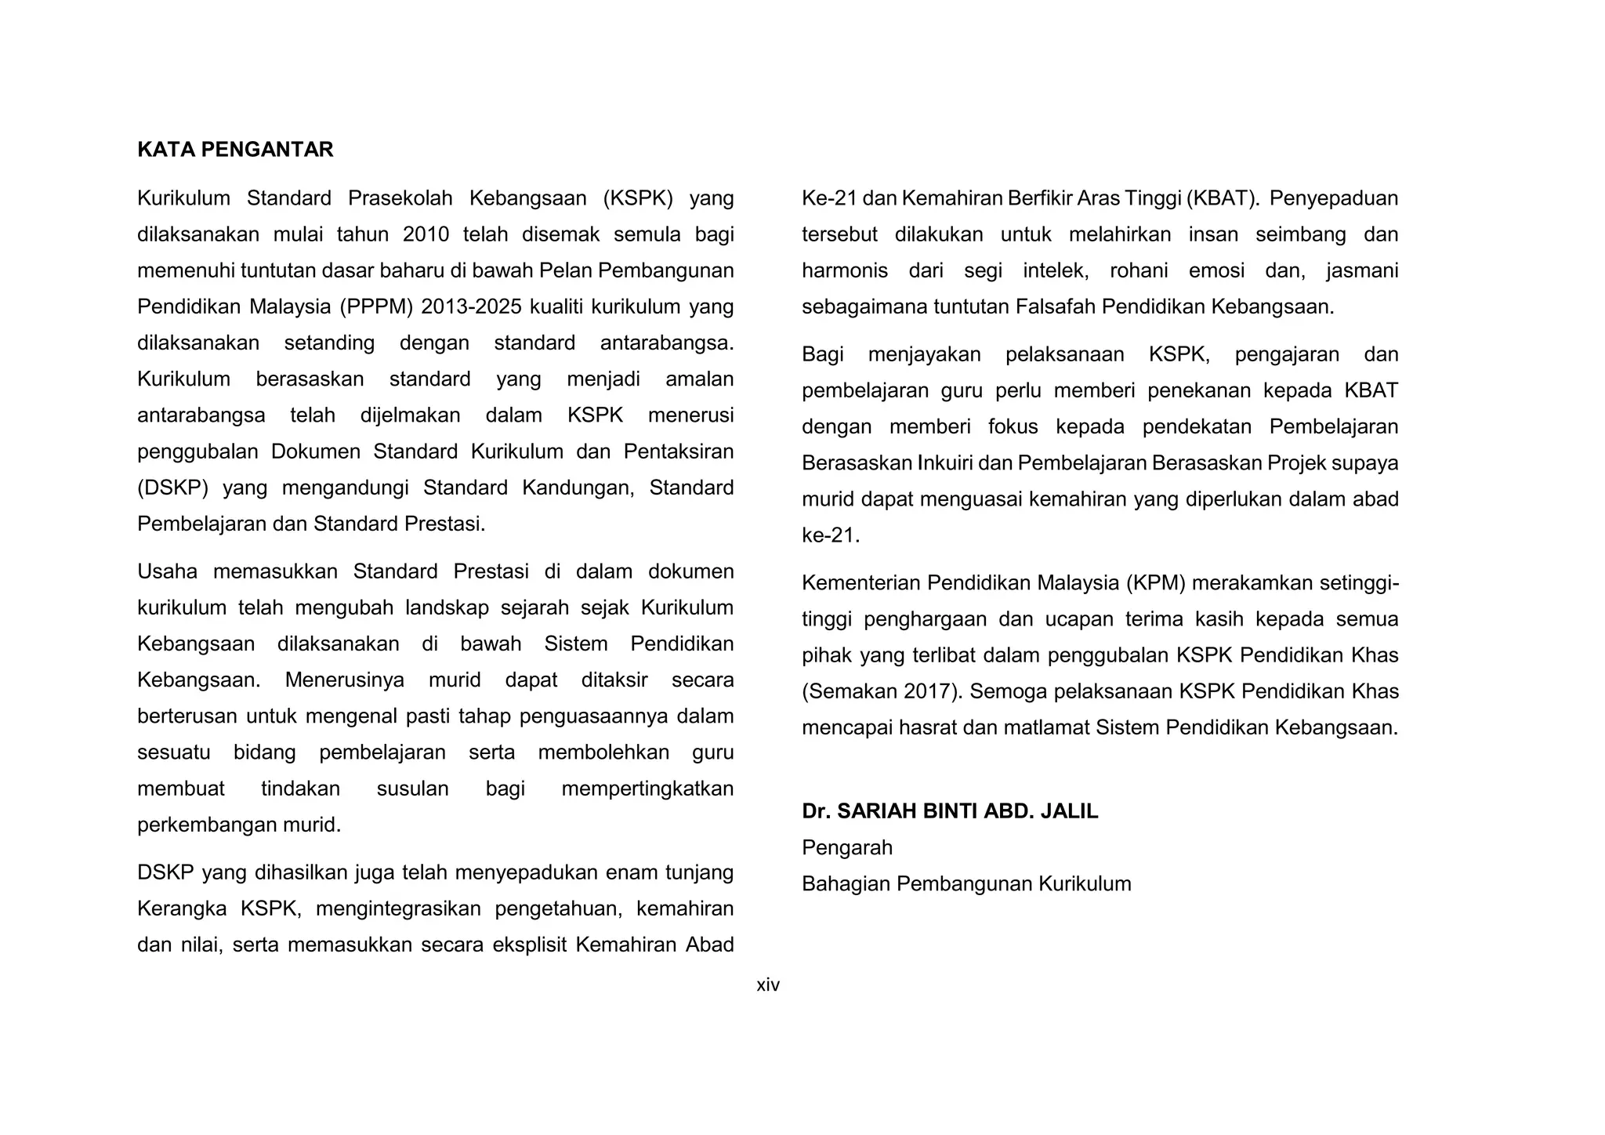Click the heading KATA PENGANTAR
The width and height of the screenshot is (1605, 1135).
pyautogui.click(x=235, y=150)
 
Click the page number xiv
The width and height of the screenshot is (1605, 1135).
pyautogui.click(x=768, y=985)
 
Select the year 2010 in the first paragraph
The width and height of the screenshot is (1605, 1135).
pyautogui.click(x=426, y=234)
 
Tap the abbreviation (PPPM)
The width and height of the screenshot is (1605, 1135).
pyautogui.click(x=375, y=306)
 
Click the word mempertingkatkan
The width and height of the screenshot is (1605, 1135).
pyautogui.click(x=647, y=789)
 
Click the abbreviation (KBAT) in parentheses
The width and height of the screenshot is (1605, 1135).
pyautogui.click(x=1222, y=198)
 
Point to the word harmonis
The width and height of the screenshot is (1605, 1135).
pyautogui.click(x=845, y=270)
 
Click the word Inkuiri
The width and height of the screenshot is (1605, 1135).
pyautogui.click(x=945, y=463)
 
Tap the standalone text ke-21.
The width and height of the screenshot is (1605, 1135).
pyautogui.click(x=829, y=535)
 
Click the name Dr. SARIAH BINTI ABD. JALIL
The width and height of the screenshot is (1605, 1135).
pyautogui.click(x=950, y=811)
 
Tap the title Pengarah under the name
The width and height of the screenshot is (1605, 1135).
pyautogui.click(x=847, y=847)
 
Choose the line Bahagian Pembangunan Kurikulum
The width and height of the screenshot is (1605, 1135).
pyautogui.click(x=966, y=883)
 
